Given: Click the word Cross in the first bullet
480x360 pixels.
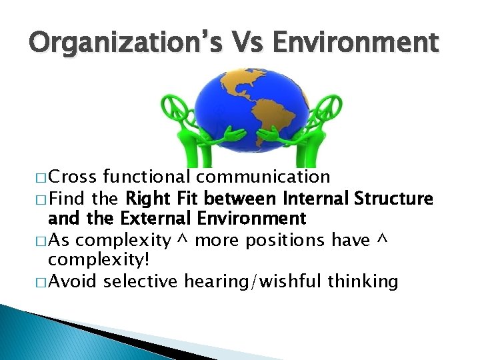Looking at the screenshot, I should coord(72,177).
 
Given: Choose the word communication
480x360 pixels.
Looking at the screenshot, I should coord(263,177).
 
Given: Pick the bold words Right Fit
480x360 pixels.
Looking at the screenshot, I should coord(163,199).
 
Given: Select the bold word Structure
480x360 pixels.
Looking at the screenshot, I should coord(399,199).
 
